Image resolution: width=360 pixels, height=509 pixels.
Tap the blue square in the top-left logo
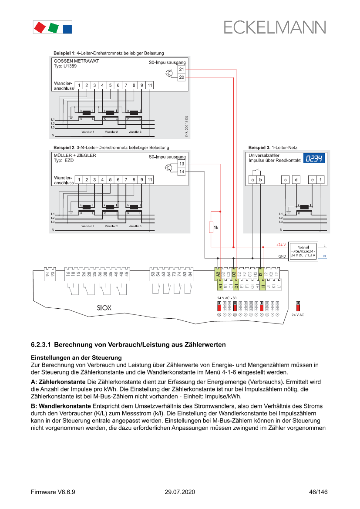67,29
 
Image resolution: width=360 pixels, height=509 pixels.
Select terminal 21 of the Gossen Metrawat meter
182,70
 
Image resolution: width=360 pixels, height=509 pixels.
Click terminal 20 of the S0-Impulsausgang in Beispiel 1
182,77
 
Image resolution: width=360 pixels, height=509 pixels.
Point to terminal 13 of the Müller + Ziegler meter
182,164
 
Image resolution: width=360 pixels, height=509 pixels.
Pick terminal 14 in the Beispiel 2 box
182,172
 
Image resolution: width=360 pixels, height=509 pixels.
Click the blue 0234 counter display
314,158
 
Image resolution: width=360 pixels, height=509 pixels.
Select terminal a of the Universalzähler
253,179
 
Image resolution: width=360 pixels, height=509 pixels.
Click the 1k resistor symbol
211,227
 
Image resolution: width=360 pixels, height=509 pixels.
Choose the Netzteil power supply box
303,251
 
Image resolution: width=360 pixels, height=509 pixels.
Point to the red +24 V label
281,245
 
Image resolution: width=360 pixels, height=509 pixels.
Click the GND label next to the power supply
282,256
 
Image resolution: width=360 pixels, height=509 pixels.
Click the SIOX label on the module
104,307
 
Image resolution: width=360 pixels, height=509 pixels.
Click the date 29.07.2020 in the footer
180,492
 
